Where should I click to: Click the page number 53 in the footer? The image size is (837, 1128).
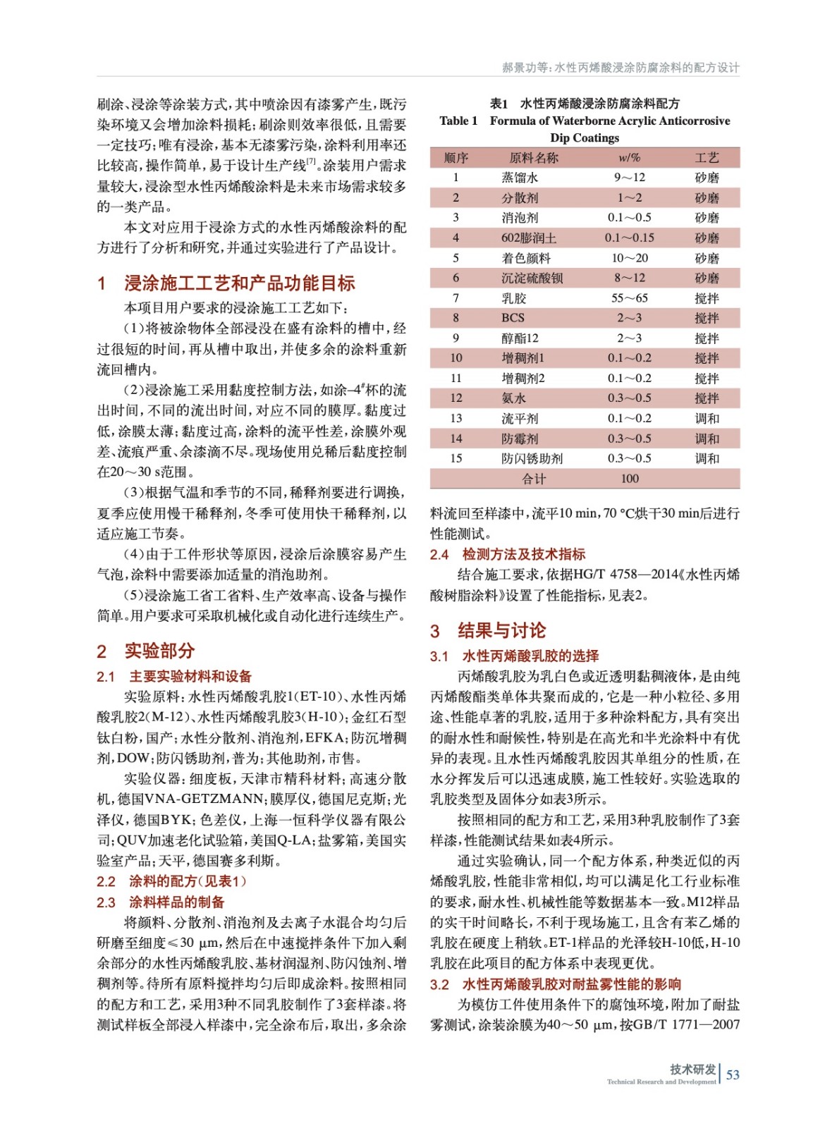coord(733,1074)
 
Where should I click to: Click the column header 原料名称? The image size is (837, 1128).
coord(533,157)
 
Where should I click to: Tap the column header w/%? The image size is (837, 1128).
coord(629,157)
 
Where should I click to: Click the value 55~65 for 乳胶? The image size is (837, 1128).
coord(629,298)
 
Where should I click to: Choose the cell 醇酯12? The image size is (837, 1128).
coord(520,338)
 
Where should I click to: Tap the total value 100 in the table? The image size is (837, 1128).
coord(629,479)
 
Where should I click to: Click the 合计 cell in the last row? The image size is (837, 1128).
coord(533,479)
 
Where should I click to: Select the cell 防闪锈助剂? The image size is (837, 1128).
coord(532,458)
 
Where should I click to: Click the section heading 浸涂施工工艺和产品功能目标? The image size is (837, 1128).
coord(239,283)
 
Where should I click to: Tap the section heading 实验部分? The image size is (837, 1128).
coord(159,651)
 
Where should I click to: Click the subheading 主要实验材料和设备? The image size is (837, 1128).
coord(190,676)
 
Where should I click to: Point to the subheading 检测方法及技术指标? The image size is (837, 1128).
coord(523,554)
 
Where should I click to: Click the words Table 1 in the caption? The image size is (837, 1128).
coord(458,121)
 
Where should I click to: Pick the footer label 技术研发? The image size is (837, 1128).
coord(692,1069)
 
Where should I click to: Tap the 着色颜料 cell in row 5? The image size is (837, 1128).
coord(526,258)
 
